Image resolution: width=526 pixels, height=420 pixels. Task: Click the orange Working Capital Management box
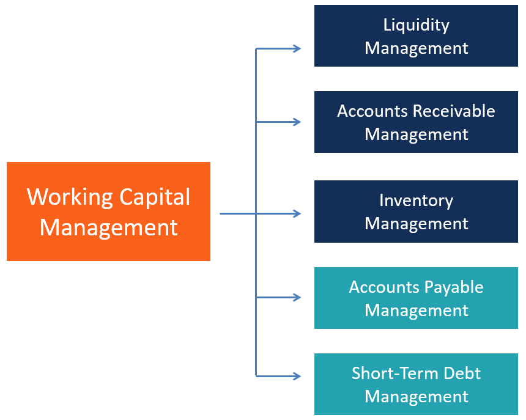108,212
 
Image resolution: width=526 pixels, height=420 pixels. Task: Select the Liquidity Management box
416,36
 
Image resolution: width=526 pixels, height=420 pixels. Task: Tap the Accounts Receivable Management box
416,122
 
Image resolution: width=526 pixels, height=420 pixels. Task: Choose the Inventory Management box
416,212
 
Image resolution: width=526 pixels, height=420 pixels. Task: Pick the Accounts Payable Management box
416,298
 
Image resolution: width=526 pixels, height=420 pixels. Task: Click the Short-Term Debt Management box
416,385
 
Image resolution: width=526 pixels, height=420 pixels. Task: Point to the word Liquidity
416,25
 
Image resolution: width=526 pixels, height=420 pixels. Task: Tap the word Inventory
416,201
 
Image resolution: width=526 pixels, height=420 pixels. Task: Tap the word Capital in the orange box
154,197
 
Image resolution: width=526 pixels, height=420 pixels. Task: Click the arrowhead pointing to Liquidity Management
297,49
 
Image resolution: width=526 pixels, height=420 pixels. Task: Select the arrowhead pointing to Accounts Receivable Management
297,122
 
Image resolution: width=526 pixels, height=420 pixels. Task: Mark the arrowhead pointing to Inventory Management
297,213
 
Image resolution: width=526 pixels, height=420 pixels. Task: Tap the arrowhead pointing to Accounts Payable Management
297,298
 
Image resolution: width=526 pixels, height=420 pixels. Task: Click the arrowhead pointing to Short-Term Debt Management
297,375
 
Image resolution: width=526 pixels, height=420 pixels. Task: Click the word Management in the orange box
108,227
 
